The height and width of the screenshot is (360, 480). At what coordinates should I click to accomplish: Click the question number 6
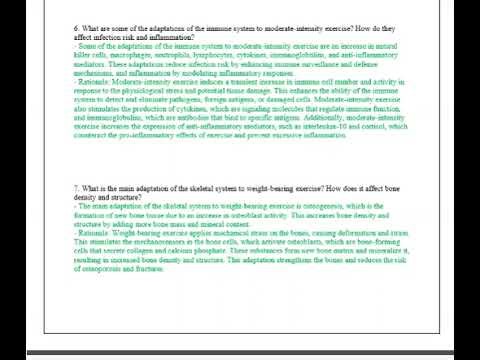[x=76, y=30]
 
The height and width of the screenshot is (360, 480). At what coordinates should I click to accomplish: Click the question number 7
[x=76, y=188]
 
